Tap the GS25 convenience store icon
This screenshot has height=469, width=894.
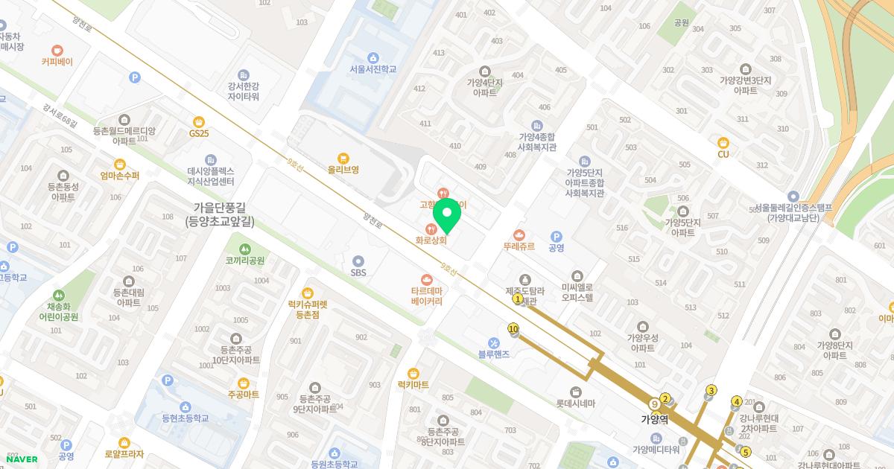pyautogui.click(x=198, y=122)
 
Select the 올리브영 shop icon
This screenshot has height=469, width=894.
pyautogui.click(x=343, y=158)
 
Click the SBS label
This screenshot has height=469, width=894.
pyautogui.click(x=358, y=272)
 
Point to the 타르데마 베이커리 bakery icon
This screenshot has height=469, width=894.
pyautogui.click(x=427, y=279)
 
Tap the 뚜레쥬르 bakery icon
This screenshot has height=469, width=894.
pyautogui.click(x=519, y=235)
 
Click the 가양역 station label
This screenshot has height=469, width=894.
pyautogui.click(x=655, y=419)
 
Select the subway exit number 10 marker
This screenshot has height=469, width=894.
pyautogui.click(x=513, y=328)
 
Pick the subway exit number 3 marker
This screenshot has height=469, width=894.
pyautogui.click(x=711, y=391)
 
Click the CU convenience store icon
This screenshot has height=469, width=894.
pyautogui.click(x=723, y=143)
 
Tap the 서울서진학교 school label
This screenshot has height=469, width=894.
pyautogui.click(x=372, y=69)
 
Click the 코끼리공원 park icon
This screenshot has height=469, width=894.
pyautogui.click(x=245, y=249)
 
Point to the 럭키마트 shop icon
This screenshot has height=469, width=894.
pyautogui.click(x=413, y=373)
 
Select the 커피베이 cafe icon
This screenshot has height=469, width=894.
pyautogui.click(x=57, y=51)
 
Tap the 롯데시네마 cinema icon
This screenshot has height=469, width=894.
pyautogui.click(x=576, y=392)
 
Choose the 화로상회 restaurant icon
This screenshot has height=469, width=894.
pyautogui.click(x=431, y=229)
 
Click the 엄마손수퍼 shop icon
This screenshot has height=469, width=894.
pyautogui.click(x=119, y=164)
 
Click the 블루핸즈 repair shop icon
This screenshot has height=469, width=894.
pyautogui.click(x=494, y=342)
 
